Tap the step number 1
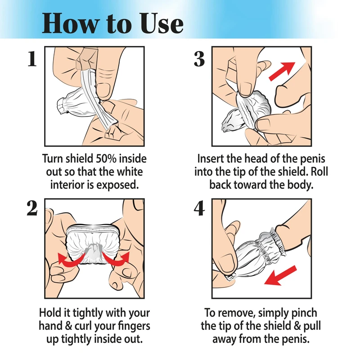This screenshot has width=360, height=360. coord(32,59)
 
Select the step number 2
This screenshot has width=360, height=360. coord(32,208)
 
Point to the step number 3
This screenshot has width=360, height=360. coord(199,59)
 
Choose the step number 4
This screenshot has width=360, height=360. coord(199,208)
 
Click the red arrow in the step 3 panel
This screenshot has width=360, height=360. coord(282,71)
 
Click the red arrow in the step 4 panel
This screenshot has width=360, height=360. coord(280,275)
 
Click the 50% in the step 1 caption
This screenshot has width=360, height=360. coord(106,159)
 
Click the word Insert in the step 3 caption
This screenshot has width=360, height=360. coord(210,159)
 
